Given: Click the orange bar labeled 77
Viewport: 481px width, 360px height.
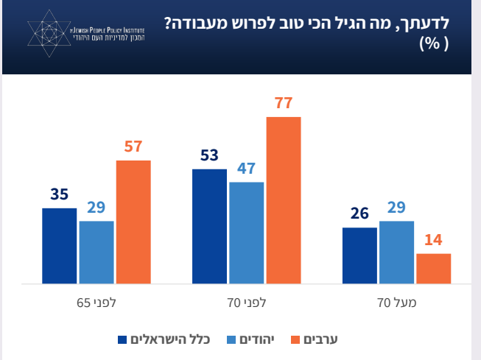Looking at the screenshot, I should [x=284, y=200].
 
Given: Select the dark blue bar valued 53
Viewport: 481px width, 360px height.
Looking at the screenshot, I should [x=209, y=226].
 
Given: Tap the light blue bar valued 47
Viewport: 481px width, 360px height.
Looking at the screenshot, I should [x=246, y=233].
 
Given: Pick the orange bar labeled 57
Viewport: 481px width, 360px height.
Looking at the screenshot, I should [x=133, y=222].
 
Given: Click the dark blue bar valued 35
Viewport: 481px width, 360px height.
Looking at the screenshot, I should [x=59, y=246].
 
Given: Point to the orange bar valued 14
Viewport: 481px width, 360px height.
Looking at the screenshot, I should [x=433, y=269].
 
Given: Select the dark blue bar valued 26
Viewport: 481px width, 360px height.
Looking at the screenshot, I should [x=359, y=255].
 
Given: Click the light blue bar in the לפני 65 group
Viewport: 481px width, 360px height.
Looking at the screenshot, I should [x=96, y=252].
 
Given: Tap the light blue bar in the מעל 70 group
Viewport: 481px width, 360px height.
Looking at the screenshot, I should [x=396, y=252].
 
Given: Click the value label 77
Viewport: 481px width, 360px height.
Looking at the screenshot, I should [x=284, y=104].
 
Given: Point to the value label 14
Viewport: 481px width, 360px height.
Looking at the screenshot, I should [x=433, y=241].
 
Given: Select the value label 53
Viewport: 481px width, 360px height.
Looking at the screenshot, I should [x=209, y=156].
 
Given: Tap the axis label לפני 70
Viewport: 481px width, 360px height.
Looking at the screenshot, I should [x=246, y=302].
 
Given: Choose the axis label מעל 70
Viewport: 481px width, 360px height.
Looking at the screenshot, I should [x=395, y=302].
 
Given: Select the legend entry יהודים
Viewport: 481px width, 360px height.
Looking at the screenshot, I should [x=255, y=339].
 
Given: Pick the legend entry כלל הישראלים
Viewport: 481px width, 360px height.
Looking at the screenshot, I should [x=170, y=339].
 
